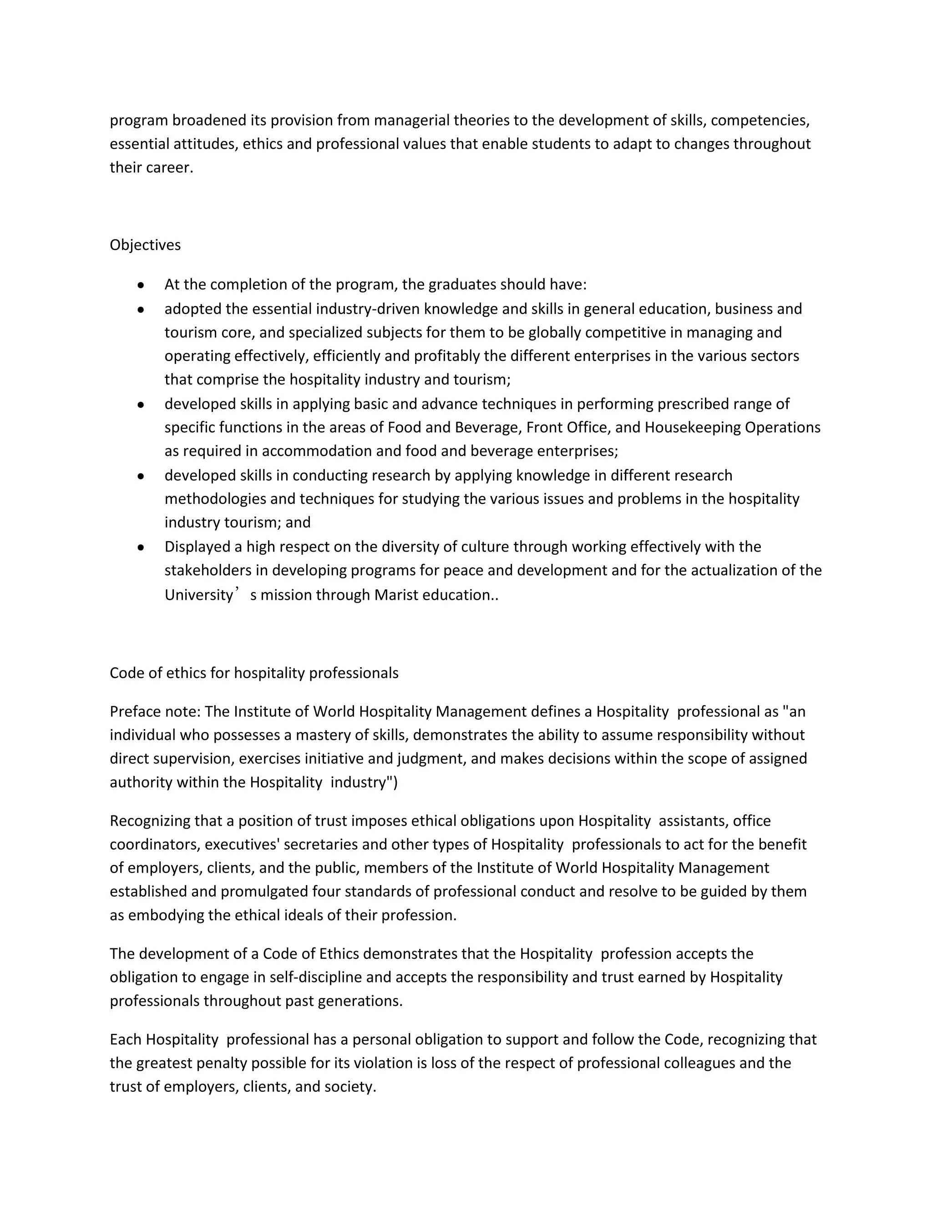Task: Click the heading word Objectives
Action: click(x=145, y=245)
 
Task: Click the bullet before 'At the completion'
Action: click(x=142, y=285)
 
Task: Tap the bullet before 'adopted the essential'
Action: click(x=142, y=310)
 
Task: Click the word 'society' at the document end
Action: click(x=349, y=1087)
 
